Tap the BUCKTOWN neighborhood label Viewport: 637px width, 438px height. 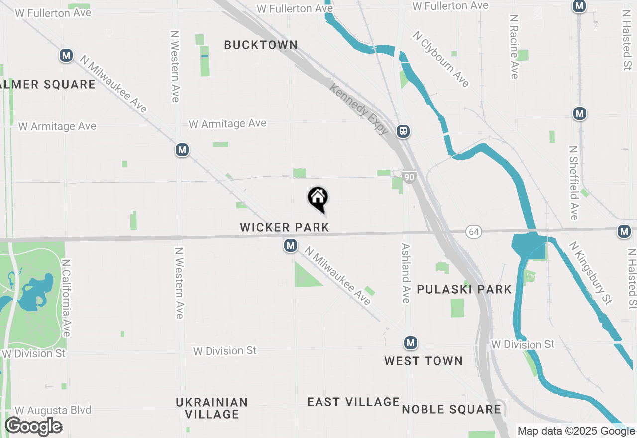click(261, 45)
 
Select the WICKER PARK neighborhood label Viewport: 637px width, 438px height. click(285, 227)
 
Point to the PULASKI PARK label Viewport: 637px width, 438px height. click(464, 289)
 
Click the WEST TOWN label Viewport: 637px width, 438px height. click(423, 361)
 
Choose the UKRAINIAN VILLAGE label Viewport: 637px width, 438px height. click(212, 408)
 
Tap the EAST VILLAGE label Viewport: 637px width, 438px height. click(353, 402)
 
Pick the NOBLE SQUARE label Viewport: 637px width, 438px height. click(451, 409)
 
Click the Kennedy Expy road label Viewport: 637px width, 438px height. click(359, 109)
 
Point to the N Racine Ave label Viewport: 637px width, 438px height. click(514, 46)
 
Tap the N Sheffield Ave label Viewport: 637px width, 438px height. click(574, 183)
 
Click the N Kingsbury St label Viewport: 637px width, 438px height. click(591, 272)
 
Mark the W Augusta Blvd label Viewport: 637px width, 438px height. click(53, 410)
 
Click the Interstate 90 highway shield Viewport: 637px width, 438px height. click(409, 177)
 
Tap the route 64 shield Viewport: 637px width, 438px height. click(474, 232)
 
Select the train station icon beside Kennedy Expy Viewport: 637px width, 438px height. click(403, 131)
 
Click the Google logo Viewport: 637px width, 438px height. click(33, 427)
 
